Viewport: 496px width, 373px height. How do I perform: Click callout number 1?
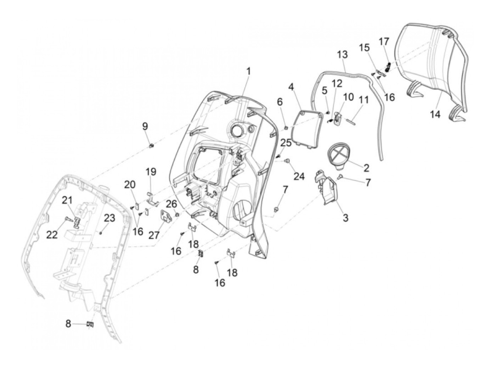point(248,72)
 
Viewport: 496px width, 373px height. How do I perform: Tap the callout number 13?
point(342,55)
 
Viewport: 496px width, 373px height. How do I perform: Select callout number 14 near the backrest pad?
point(435,115)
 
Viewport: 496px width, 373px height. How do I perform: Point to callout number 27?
point(154,235)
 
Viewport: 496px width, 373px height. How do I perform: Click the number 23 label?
point(109,218)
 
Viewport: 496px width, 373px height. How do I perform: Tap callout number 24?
point(299,176)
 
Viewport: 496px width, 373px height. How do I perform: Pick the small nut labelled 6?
point(285,128)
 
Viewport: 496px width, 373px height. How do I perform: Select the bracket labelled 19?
point(152,199)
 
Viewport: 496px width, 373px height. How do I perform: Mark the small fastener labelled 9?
point(152,146)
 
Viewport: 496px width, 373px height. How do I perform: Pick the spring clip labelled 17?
point(388,67)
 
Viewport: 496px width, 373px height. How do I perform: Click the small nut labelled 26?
point(177,214)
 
